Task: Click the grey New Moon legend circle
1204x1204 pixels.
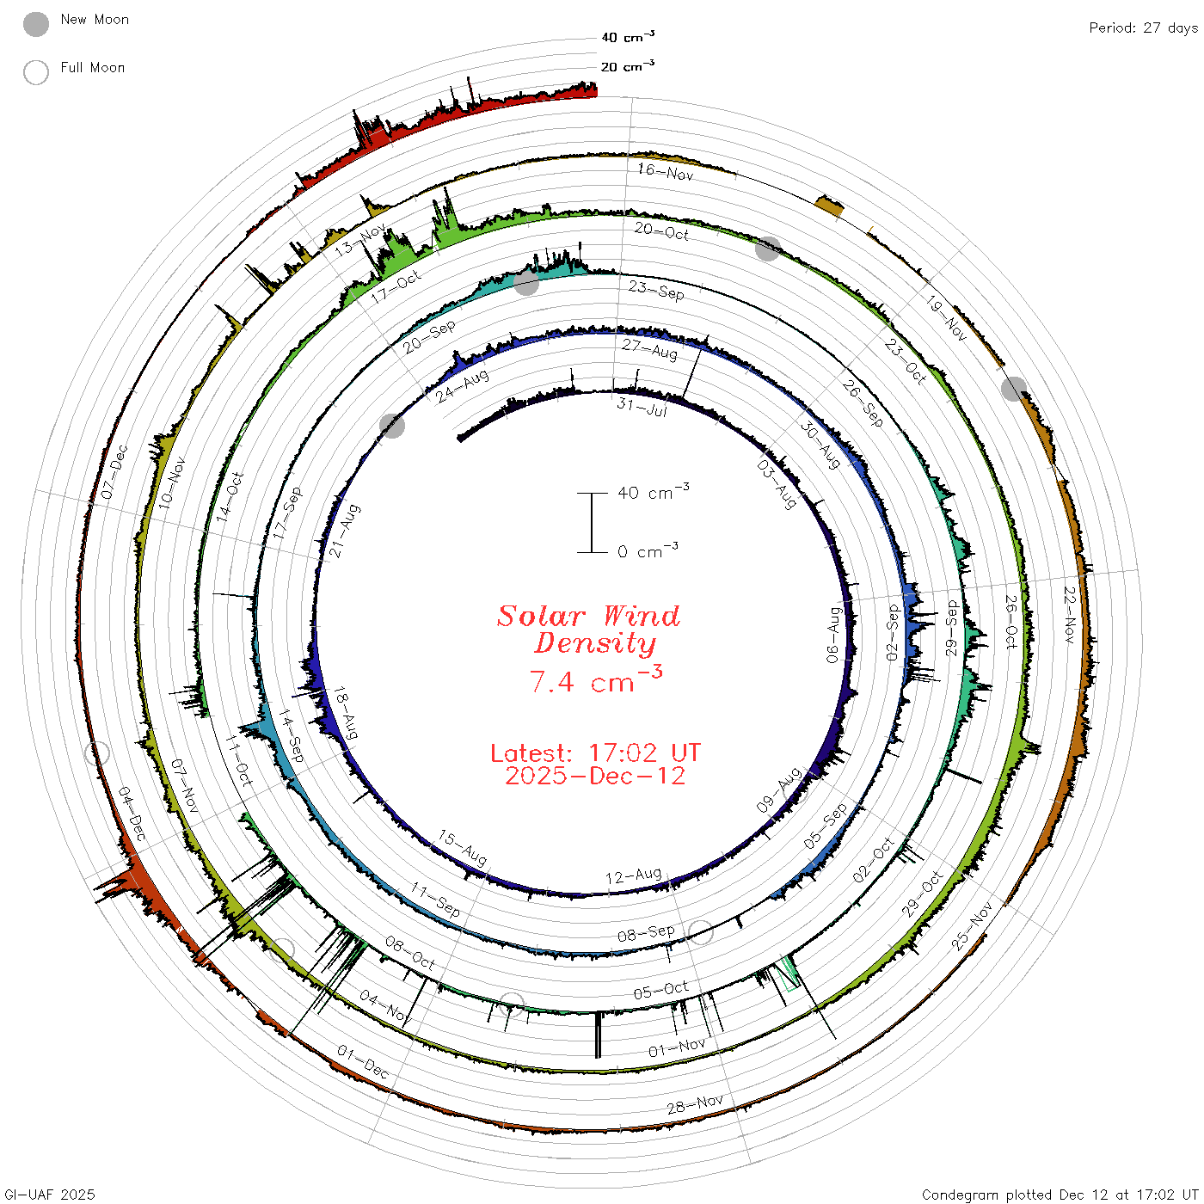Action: [35, 24]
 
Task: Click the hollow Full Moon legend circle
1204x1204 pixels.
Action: [35, 72]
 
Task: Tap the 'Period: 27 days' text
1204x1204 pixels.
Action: [1143, 28]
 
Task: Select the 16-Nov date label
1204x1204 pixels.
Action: [665, 172]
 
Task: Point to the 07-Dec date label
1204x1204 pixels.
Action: [114, 472]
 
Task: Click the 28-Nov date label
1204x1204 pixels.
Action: [695, 1104]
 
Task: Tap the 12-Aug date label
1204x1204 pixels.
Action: [633, 875]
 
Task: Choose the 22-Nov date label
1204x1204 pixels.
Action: [1070, 615]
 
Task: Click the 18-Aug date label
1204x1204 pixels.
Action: [345, 713]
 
